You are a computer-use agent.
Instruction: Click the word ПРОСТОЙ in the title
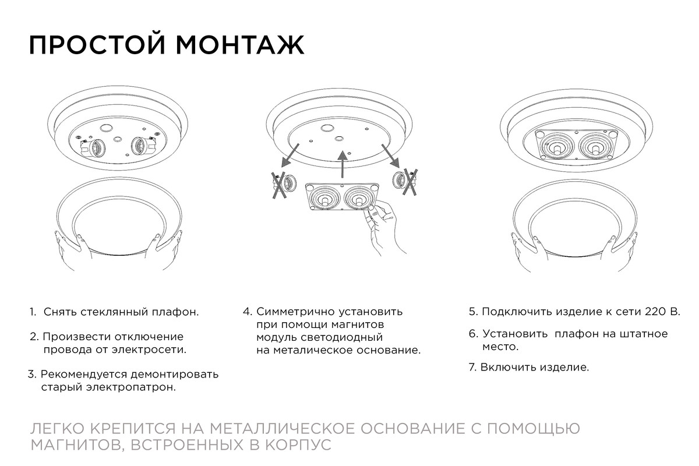pos(97,45)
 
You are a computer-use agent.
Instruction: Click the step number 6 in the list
pos(473,334)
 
